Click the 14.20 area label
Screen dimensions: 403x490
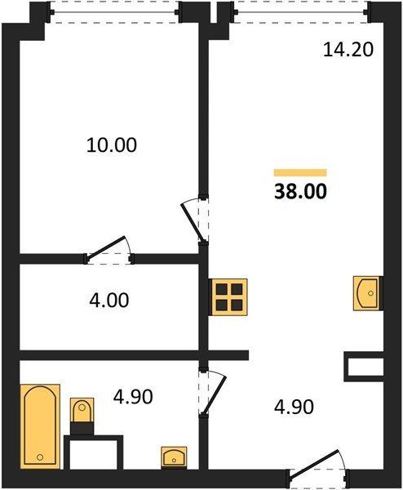348,50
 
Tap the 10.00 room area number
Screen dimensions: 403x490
112,145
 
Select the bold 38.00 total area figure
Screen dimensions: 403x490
300,192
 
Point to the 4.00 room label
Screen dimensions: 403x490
109,301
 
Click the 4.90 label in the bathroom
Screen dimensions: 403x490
133,397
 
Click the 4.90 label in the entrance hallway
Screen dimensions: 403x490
294,408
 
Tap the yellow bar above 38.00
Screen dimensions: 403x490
300,172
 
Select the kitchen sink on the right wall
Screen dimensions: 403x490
368,293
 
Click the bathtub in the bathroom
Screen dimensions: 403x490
40,426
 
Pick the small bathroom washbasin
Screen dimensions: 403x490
174,458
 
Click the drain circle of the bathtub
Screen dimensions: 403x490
40,457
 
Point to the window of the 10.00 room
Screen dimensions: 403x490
114,12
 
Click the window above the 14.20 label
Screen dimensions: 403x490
300,12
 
